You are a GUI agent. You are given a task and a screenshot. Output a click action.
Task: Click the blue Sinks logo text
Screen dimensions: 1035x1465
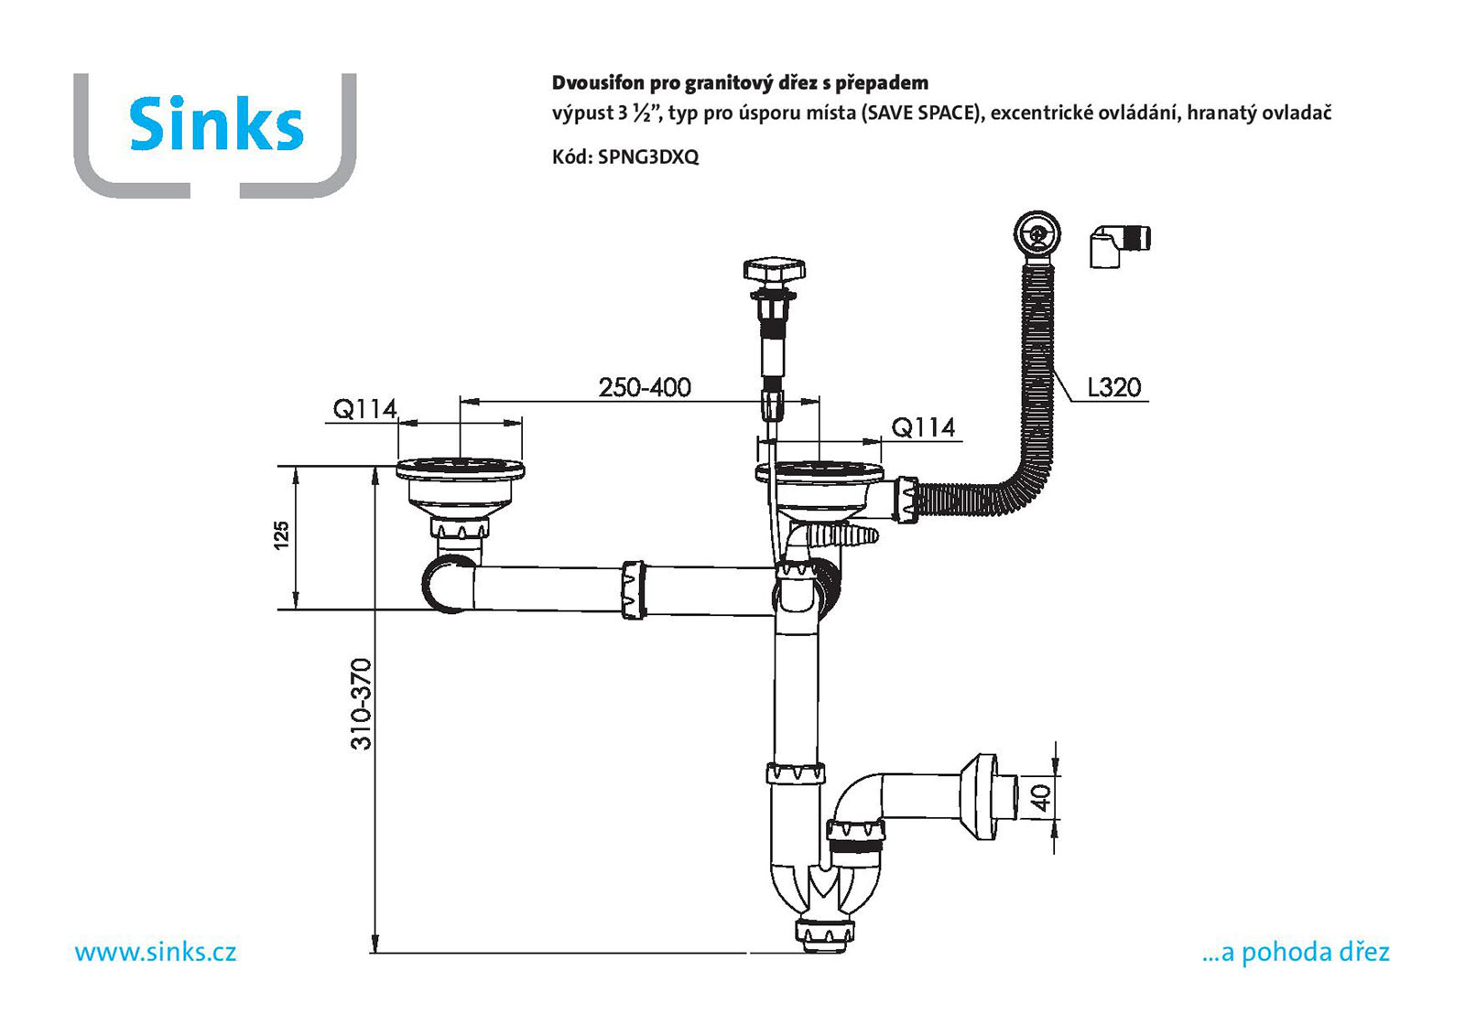click(x=216, y=124)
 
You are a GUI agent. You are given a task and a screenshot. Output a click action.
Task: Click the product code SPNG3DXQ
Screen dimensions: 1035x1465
click(x=648, y=156)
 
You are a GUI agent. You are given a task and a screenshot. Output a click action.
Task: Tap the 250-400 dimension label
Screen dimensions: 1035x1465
click(x=645, y=387)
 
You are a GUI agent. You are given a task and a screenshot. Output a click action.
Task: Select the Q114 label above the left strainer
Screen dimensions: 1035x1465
click(x=364, y=409)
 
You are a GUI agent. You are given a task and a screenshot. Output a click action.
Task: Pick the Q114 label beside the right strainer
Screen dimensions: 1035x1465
click(x=923, y=427)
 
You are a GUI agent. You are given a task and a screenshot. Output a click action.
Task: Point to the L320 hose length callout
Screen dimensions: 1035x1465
click(x=1113, y=388)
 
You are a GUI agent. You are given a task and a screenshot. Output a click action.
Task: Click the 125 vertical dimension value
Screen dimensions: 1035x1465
click(x=281, y=534)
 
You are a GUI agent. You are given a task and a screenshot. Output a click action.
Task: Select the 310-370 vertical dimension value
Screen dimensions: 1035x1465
click(x=362, y=704)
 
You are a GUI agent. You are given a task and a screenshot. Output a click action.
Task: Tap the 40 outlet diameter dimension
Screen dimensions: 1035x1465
click(x=1042, y=797)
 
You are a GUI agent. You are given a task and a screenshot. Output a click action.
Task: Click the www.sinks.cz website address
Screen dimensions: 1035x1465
click(x=156, y=952)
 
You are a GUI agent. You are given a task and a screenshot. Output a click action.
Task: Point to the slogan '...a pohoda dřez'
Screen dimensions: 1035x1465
click(x=1296, y=952)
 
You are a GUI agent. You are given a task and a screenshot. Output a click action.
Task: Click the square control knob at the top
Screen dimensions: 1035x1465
click(x=774, y=271)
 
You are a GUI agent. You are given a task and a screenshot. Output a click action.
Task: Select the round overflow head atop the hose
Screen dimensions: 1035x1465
click(x=1036, y=233)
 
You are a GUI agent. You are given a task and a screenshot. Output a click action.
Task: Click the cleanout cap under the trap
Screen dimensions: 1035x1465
click(x=823, y=935)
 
